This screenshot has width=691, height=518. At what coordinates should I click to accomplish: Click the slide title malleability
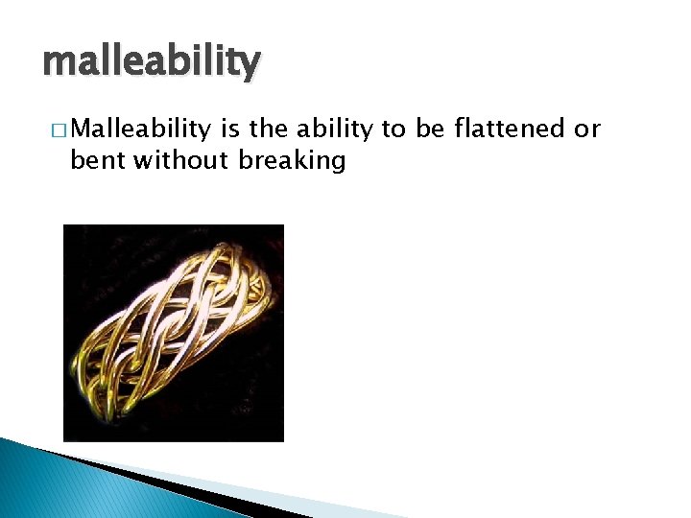pyautogui.click(x=151, y=61)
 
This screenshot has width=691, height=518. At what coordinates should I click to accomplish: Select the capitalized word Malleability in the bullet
pyautogui.click(x=140, y=129)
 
